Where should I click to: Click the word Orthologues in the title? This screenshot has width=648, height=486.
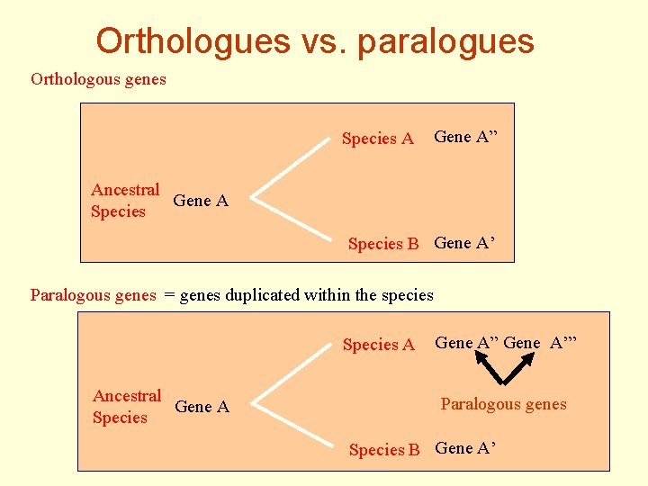pos(193,40)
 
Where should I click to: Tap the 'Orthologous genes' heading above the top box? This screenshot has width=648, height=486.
pos(98,79)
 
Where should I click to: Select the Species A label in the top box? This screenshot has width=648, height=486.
pos(378,139)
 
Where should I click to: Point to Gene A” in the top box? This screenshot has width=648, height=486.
pos(465,137)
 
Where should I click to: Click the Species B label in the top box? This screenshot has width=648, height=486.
pos(384,244)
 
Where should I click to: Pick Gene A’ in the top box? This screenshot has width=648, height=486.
pos(464,242)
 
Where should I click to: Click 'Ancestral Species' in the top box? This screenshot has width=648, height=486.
pos(124,201)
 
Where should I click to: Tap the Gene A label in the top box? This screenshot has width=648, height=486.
pos(201,201)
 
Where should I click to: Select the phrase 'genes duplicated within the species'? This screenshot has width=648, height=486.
pos(307,294)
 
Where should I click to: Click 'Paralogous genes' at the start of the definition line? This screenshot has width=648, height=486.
pos(94,294)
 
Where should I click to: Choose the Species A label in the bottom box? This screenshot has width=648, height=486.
pos(379,345)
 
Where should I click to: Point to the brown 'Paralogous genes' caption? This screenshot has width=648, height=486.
pos(503,404)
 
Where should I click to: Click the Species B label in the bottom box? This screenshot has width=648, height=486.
pos(384,450)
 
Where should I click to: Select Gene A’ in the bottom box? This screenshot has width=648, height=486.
pos(465,448)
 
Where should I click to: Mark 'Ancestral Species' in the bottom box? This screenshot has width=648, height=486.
pos(126,407)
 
